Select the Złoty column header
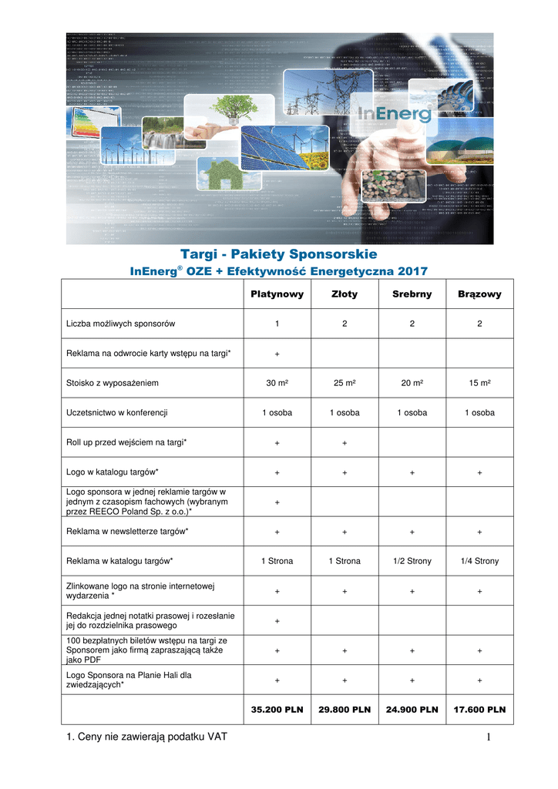344,294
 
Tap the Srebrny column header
412,294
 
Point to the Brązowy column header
479,294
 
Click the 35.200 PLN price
277,710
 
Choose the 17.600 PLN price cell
479,710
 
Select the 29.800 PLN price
344,710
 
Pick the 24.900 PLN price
412,710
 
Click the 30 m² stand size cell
277,383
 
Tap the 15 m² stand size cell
479,383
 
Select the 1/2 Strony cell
412,561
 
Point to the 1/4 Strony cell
479,561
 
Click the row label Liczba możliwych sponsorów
121,324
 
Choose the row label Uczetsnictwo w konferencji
117,412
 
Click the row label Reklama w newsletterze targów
127,531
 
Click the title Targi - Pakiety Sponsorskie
278,253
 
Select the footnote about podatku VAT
146,738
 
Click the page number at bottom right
489,739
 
